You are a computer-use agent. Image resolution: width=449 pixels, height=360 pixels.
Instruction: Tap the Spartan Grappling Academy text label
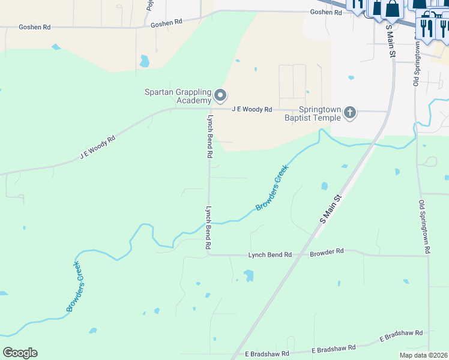click(x=178, y=96)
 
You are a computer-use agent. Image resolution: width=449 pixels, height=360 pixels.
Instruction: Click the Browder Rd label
click(x=327, y=252)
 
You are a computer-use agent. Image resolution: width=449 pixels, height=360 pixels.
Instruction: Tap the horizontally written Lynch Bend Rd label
click(x=270, y=255)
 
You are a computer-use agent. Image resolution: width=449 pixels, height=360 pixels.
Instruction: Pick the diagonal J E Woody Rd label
click(x=97, y=147)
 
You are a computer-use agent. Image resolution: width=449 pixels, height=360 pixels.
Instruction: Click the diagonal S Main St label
click(x=331, y=208)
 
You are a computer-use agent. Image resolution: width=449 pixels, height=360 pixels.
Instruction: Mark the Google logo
click(x=20, y=353)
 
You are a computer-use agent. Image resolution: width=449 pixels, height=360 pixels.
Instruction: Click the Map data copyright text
click(x=424, y=355)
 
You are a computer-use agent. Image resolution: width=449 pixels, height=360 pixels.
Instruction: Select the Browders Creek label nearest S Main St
click(x=273, y=188)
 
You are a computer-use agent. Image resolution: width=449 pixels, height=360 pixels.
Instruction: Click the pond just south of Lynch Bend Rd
click(x=248, y=276)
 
